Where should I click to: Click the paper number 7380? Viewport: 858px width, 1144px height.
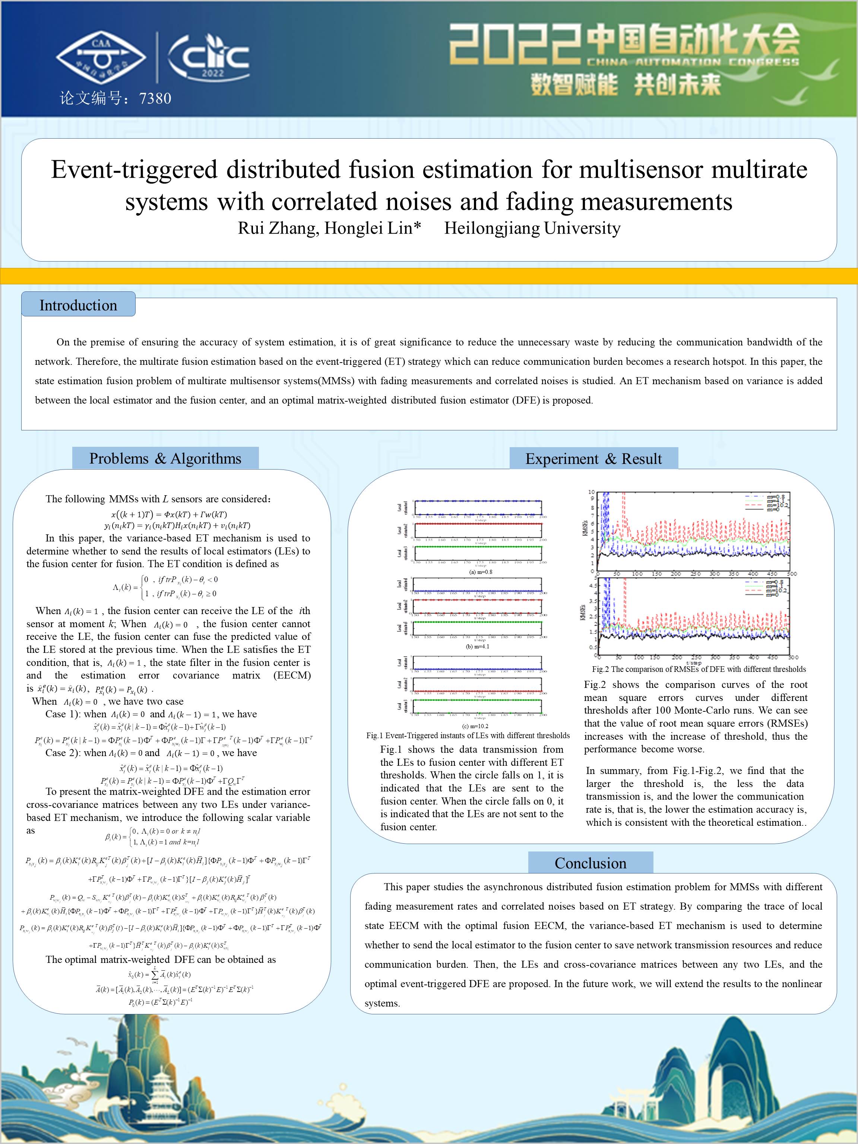click(155, 98)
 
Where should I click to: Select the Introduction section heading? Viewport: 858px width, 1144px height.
click(78, 305)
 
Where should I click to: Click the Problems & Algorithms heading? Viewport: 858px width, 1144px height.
click(165, 459)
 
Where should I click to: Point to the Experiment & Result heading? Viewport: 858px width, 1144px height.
click(593, 459)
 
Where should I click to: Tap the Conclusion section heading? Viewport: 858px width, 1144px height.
click(590, 863)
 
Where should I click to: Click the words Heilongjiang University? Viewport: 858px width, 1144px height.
click(532, 228)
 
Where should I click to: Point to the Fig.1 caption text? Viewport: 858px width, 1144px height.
click(468, 736)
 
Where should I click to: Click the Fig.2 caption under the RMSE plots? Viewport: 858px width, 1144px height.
click(699, 669)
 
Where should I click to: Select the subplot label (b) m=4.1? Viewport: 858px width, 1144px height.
click(477, 647)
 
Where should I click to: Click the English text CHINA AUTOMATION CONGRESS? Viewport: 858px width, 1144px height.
click(693, 63)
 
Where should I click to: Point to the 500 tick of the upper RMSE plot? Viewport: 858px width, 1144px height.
click(791, 573)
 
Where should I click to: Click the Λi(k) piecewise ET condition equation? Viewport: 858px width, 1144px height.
click(164, 587)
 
